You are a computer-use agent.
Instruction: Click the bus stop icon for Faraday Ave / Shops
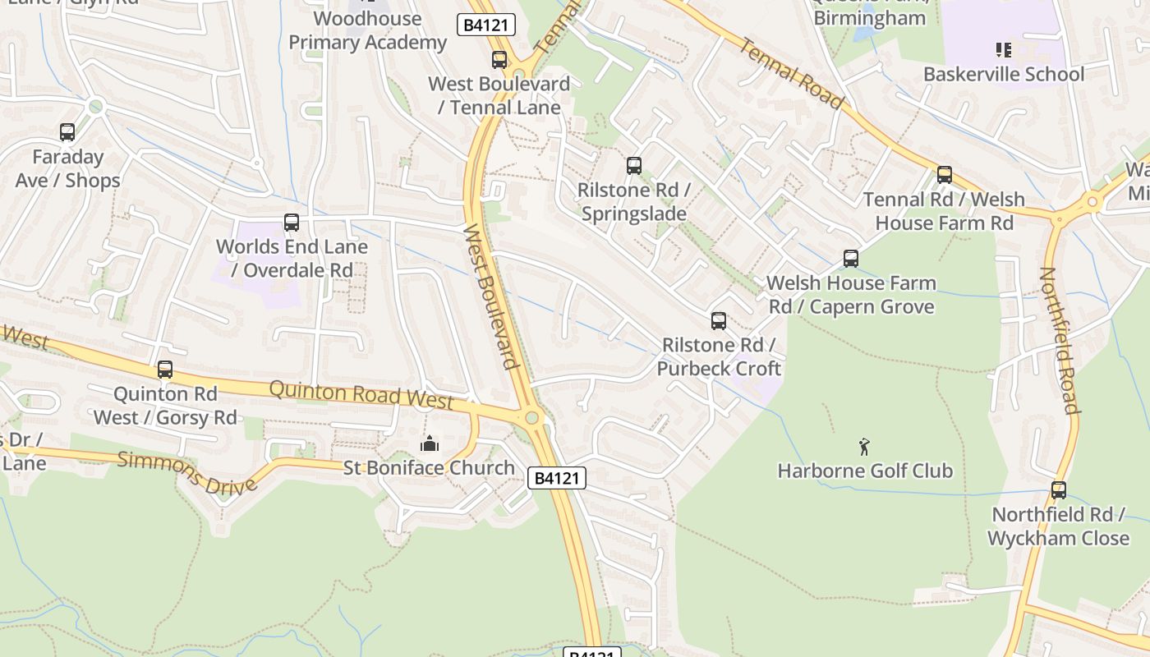67,131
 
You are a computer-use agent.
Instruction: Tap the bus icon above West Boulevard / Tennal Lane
499,59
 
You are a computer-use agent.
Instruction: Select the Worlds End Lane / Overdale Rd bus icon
292,222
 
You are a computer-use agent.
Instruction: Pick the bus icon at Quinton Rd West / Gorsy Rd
165,370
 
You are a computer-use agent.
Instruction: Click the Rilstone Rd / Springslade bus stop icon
633,166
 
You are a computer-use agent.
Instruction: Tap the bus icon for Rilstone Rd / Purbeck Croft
719,321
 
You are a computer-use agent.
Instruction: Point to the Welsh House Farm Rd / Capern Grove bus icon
851,259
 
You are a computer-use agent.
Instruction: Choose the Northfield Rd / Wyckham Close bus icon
1059,490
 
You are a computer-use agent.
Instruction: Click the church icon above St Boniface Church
429,443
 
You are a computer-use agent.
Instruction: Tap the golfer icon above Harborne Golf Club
864,447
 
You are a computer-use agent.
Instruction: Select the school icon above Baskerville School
1003,50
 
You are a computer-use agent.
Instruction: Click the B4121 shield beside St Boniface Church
557,478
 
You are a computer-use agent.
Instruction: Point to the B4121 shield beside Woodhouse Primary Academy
486,25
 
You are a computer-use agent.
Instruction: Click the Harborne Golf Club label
865,471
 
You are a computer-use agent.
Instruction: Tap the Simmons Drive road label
187,471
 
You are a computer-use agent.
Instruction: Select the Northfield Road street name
1059,340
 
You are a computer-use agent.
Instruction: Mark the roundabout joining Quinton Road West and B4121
532,418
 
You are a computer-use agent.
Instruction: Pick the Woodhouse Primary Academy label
367,30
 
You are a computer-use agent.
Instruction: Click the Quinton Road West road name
361,394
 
